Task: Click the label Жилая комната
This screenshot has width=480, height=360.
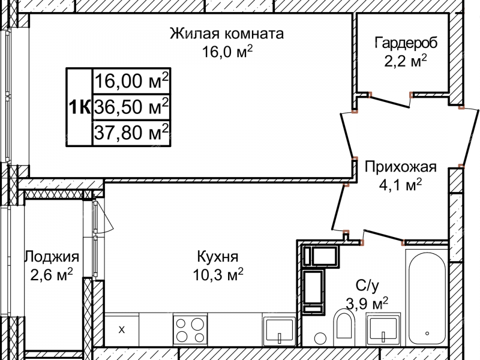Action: (x=226, y=32)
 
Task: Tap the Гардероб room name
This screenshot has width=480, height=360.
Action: (x=406, y=43)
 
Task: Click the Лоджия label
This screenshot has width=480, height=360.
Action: (x=52, y=257)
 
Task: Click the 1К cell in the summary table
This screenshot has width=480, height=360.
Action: (x=79, y=107)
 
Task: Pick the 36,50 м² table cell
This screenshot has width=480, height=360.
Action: (x=131, y=107)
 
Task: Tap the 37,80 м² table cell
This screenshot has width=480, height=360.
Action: (x=131, y=133)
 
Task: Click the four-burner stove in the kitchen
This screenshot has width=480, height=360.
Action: (x=191, y=329)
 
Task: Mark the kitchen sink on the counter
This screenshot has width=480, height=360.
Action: (x=279, y=331)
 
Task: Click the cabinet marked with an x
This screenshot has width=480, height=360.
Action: (x=122, y=329)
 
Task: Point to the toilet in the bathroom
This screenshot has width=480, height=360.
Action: (x=344, y=326)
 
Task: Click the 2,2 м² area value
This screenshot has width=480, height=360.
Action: (x=406, y=60)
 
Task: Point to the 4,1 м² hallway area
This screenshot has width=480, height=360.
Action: (x=400, y=185)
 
